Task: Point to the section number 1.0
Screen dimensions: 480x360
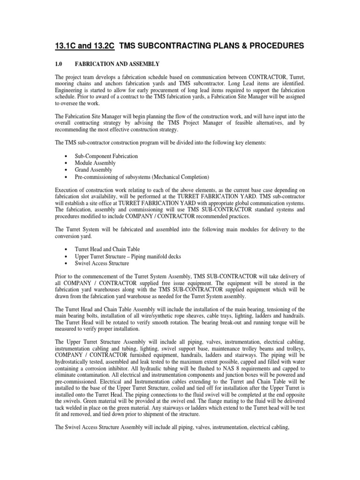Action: point(60,63)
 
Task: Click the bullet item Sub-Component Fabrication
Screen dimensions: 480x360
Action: point(106,155)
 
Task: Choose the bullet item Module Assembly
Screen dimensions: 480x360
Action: point(95,163)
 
